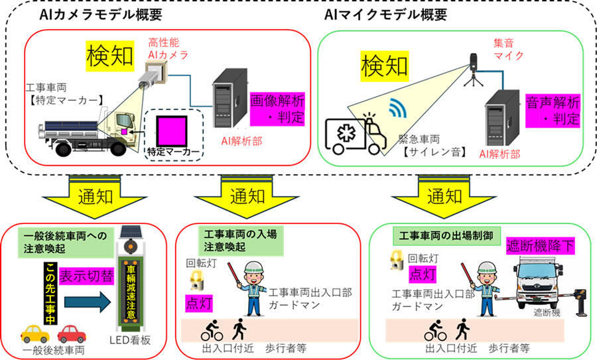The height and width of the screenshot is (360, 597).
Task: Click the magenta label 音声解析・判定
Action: click(553, 110)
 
